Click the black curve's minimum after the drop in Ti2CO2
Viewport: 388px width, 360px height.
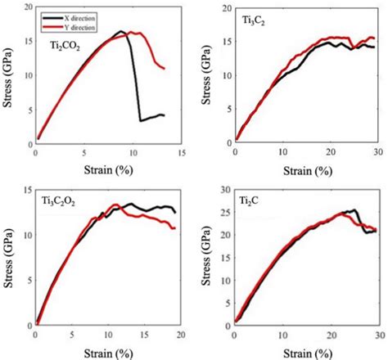(x=141, y=121)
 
